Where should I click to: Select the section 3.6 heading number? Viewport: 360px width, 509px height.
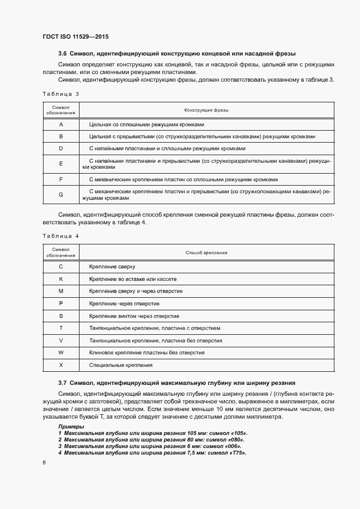[x=62, y=54]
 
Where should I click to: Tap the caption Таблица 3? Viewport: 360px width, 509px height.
[x=60, y=94]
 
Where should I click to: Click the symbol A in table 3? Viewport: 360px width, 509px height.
[x=61, y=125]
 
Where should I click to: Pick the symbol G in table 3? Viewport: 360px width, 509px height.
[x=61, y=194]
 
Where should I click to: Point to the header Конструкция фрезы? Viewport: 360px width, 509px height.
[x=206, y=110]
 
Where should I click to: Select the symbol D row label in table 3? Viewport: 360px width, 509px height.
[x=61, y=148]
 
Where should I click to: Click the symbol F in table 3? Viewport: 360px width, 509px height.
[x=61, y=179]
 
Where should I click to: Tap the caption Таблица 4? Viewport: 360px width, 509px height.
[x=60, y=236]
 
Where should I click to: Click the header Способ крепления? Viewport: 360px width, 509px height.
[x=206, y=253]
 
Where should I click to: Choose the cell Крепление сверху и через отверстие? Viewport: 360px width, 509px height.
[x=136, y=291]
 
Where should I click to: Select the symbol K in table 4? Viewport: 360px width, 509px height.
[x=61, y=279]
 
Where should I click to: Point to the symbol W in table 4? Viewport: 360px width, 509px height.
[x=61, y=352]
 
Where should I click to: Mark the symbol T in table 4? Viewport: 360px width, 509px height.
[x=61, y=328]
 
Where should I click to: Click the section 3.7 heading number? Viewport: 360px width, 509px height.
[x=62, y=383]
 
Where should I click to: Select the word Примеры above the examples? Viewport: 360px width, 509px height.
[x=71, y=426]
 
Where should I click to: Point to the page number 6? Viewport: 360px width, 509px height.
[x=44, y=463]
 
